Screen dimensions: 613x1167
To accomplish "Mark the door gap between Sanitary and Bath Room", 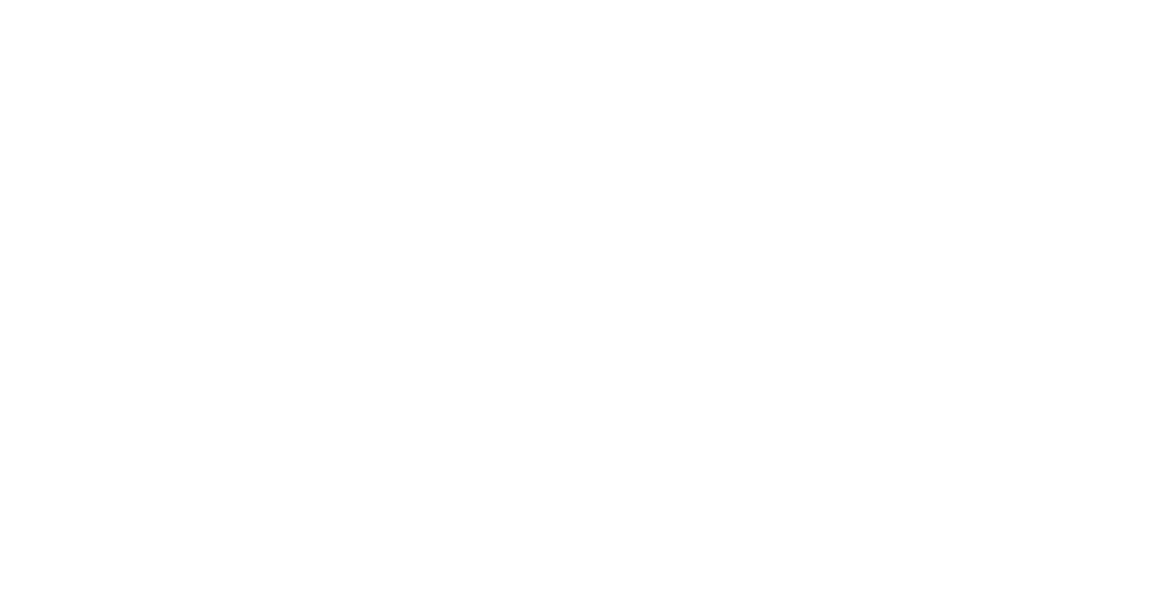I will tap(513, 107).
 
